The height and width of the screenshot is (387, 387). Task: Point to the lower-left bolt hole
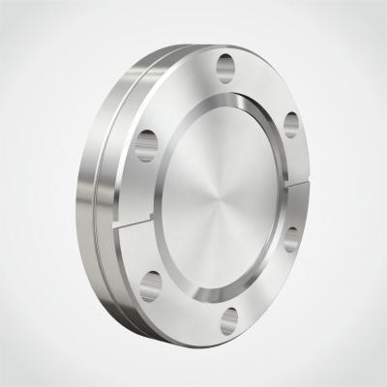point(151,283)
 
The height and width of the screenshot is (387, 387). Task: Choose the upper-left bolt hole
point(147,144)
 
